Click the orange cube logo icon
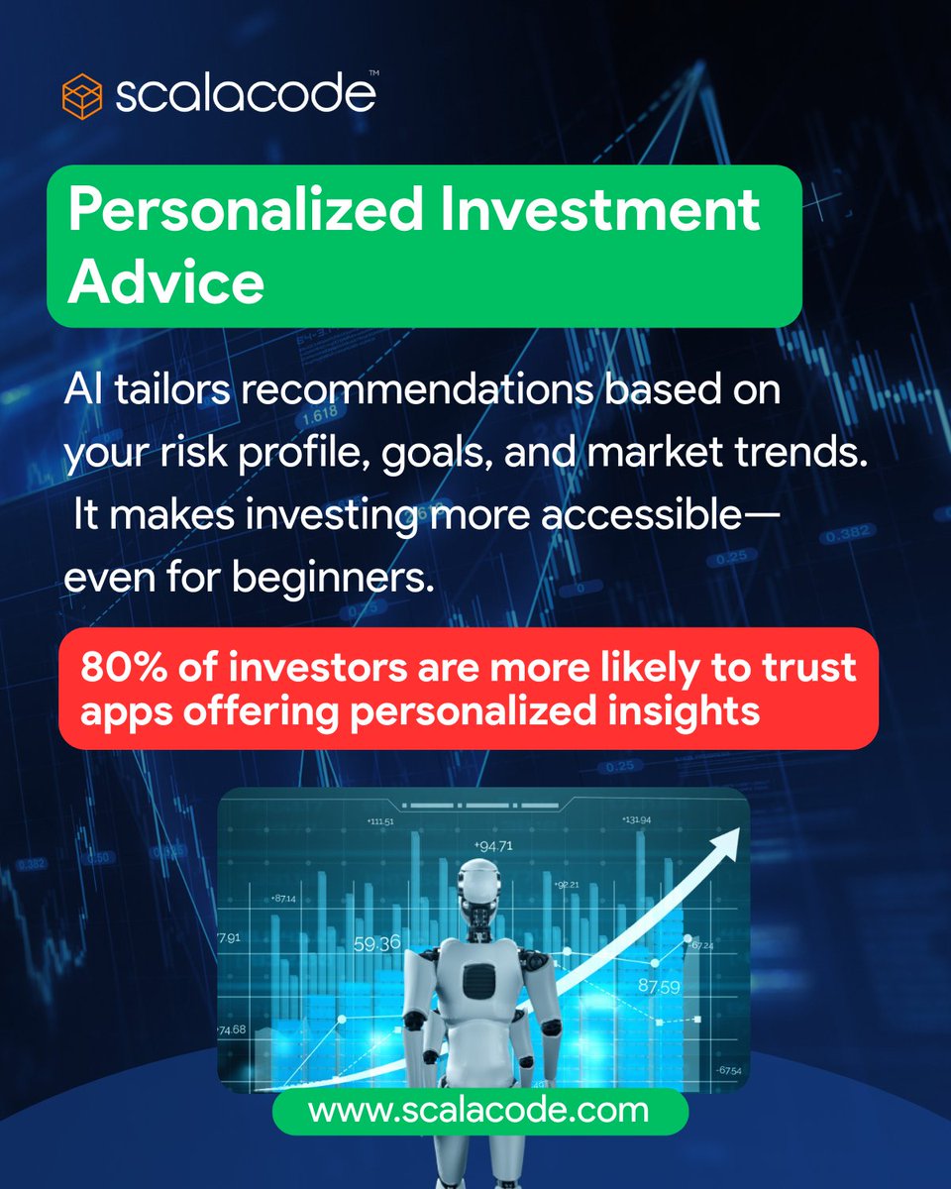pos(83,97)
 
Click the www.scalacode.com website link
pos(478,1111)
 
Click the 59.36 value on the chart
pos(376,943)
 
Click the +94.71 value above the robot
pos(493,846)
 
